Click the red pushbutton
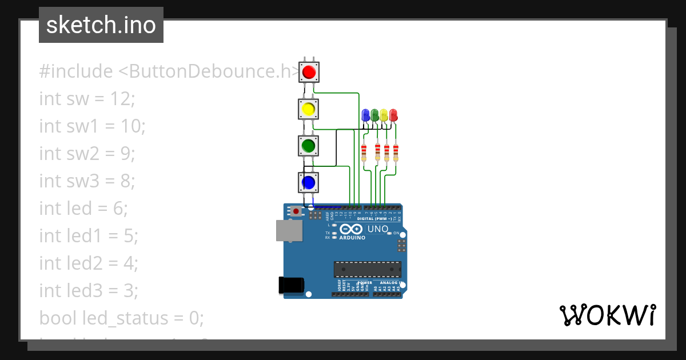click(x=309, y=73)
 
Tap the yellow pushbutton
click(x=309, y=109)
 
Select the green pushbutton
click(x=309, y=145)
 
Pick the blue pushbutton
click(x=309, y=182)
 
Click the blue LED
click(x=366, y=115)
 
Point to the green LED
click(x=375, y=115)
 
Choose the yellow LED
click(x=384, y=115)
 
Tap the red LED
click(x=393, y=115)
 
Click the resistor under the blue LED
click(x=364, y=153)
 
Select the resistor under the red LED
click(x=396, y=153)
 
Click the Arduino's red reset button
click(x=296, y=211)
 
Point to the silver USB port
click(x=289, y=230)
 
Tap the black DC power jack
click(x=290, y=285)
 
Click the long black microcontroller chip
click(x=368, y=269)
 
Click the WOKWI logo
click(x=607, y=315)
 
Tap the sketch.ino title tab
click(x=101, y=25)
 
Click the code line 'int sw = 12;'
click(x=87, y=99)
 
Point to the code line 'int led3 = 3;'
click(x=89, y=291)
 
